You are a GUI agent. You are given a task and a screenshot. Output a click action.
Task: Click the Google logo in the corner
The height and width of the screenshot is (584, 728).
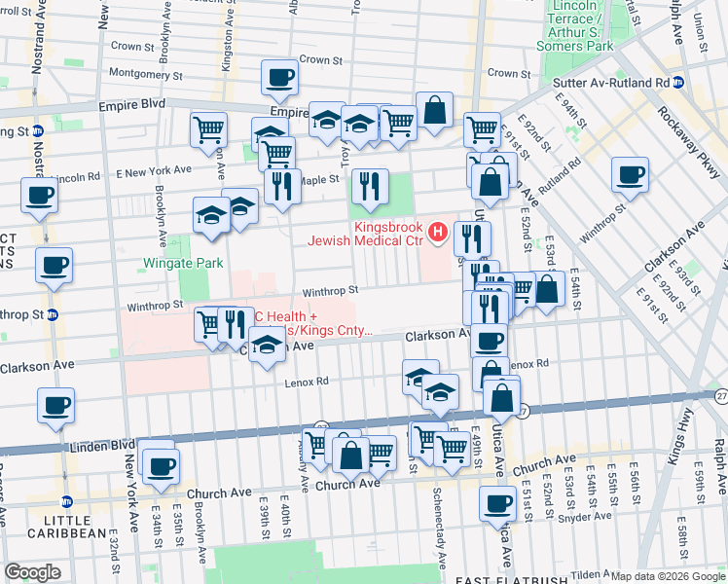pos(32,571)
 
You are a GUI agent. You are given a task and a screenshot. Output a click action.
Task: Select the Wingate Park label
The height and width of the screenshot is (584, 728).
pos(183,263)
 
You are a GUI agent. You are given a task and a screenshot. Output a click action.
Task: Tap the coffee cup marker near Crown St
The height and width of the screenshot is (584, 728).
pos(279,79)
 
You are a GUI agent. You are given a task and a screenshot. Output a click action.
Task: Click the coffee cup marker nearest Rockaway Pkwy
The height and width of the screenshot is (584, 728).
pos(630,175)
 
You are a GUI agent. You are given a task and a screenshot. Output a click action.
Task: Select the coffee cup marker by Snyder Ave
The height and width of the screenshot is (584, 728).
pos(497,504)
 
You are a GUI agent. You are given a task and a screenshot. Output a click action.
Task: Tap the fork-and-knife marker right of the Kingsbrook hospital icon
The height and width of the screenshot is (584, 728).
pos(472,237)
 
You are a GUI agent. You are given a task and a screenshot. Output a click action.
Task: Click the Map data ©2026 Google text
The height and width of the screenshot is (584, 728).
pos(668,576)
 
